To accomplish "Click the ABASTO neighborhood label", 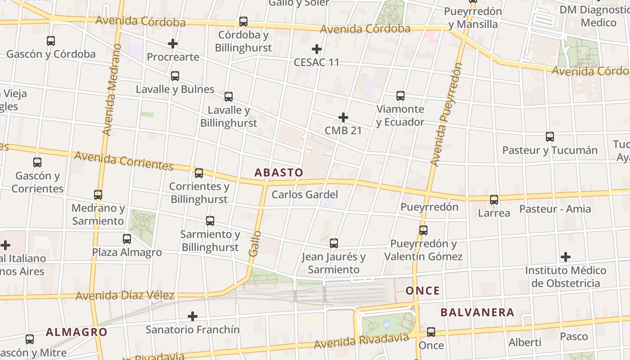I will coord(279,172).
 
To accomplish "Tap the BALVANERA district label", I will coord(477,312).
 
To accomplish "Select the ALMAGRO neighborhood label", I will coord(76,333).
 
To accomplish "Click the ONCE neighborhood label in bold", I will coord(423,291).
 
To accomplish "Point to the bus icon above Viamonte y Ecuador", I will coord(400,96).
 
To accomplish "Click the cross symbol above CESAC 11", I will coord(317,49).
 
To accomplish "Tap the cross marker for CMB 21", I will coord(343,118).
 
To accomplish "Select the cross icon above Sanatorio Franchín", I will coord(193,316).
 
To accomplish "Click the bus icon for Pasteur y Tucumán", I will coord(549,137).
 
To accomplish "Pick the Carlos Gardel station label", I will coord(305,195).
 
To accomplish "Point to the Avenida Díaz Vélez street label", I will coord(125,296).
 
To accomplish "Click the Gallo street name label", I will coord(255,243).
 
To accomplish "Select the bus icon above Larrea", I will coord(494,200).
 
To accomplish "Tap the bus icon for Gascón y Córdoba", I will coord(51,41).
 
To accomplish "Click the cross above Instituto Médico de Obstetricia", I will coord(566,257).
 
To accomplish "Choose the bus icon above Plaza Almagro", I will coord(127,239).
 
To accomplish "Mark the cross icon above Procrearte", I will coord(173,44).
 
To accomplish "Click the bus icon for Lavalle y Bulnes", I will coord(175,76).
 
